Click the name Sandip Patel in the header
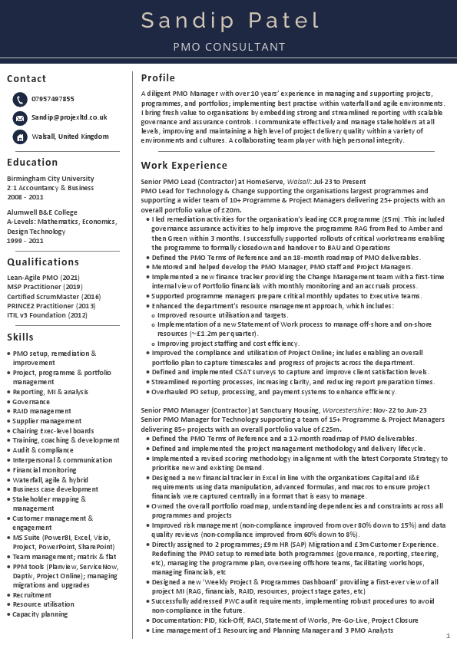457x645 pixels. [229, 21]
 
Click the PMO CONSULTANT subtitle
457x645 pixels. [229, 47]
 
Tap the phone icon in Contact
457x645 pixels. [19, 100]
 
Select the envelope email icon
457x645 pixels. [19, 118]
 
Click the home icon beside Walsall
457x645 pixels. [19, 137]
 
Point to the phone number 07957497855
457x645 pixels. [53, 99]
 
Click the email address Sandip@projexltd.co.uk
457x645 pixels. [69, 117]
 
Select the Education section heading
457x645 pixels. [32, 163]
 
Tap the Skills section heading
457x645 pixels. [20, 337]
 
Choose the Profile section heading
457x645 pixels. [158, 77]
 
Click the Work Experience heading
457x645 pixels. [184, 165]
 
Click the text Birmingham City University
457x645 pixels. [51, 178]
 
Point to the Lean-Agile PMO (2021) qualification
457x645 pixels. [43, 277]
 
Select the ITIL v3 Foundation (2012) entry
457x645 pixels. [47, 314]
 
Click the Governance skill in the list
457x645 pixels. [31, 401]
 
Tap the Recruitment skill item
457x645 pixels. [32, 594]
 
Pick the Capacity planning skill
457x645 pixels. [40, 614]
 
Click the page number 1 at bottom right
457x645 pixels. [448, 636]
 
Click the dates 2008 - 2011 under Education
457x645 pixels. [25, 197]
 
